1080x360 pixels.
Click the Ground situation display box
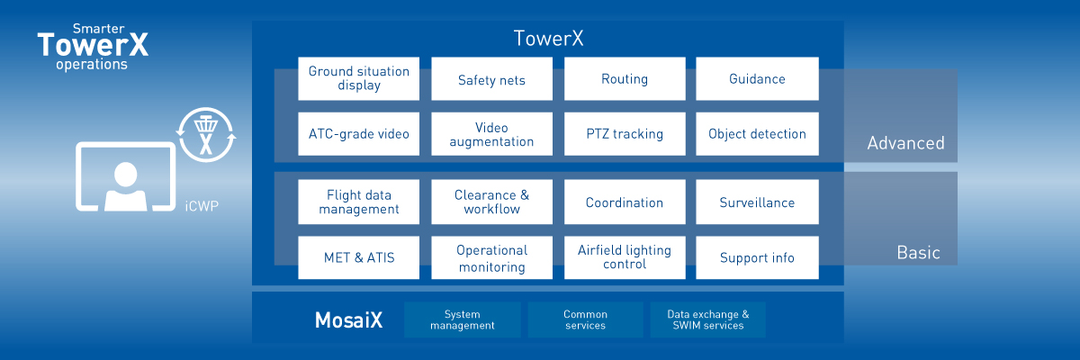tap(358, 78)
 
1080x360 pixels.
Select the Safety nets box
tap(491, 79)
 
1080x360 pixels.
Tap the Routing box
tap(625, 78)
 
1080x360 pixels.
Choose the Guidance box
tap(757, 78)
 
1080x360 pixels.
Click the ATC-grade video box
tap(358, 134)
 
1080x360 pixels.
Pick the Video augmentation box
tap(491, 134)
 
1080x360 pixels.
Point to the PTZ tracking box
tap(625, 134)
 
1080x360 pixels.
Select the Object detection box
tap(757, 134)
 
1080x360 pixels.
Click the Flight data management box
tap(358, 202)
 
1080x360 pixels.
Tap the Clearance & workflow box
tap(491, 202)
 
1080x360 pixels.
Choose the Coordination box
tap(625, 202)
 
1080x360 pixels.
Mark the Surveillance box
tap(757, 202)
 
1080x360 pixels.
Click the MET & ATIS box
tap(358, 257)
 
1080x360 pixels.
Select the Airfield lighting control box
tap(625, 257)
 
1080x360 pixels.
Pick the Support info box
tap(757, 257)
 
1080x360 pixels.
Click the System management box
tap(463, 319)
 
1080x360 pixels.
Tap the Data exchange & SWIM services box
tap(707, 319)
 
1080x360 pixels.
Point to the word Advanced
tap(905, 143)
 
